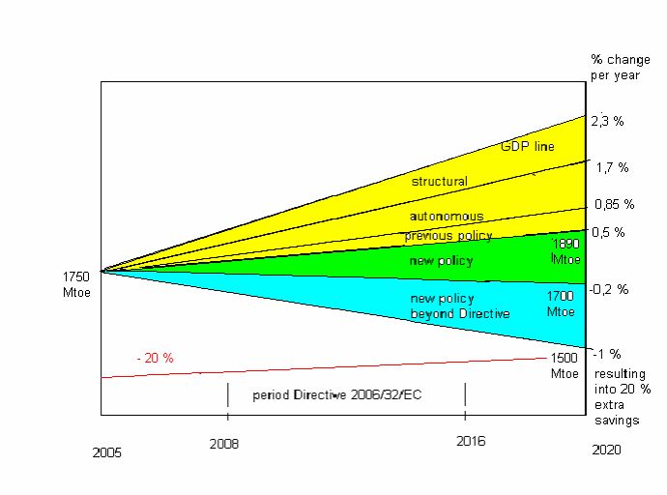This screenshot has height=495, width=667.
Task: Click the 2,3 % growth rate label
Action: click(608, 121)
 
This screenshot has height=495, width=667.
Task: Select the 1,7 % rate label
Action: click(612, 167)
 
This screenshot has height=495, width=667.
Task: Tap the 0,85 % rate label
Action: click(614, 204)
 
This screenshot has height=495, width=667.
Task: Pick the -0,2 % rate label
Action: click(609, 289)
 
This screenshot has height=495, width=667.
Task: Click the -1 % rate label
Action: click(607, 353)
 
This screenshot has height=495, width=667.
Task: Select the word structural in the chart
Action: click(439, 181)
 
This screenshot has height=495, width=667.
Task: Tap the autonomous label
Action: click(446, 216)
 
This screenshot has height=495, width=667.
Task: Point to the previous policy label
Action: click(449, 235)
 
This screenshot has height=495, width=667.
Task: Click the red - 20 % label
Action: click(155, 358)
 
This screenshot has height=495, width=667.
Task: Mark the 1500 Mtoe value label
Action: click(565, 365)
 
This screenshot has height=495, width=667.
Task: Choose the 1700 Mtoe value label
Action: click(561, 304)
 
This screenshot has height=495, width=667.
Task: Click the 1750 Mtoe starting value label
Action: click(76, 282)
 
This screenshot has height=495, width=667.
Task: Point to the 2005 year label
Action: click(107, 451)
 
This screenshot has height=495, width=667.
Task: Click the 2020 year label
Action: click(605, 450)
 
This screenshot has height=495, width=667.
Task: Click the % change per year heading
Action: click(620, 66)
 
